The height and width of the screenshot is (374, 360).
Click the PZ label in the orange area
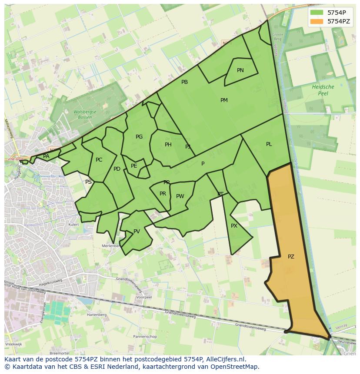tap(291, 257)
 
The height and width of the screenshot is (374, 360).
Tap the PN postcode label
tap(240, 70)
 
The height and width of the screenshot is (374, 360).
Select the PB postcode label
tap(184, 82)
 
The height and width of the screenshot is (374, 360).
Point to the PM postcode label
tap(224, 100)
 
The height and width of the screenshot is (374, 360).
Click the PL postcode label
tap(269, 144)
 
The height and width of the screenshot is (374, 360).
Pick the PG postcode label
tap(139, 137)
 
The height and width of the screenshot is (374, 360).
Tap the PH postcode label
tap(168, 145)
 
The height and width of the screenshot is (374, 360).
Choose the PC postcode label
tap(99, 160)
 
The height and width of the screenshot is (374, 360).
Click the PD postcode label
tap(117, 169)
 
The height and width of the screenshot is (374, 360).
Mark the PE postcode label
tap(134, 166)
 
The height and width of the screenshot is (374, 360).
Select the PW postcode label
tap(180, 196)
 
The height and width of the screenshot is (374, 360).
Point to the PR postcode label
tap(163, 194)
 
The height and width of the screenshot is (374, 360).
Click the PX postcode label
tap(234, 226)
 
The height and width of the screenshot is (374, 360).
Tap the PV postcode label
tap(137, 232)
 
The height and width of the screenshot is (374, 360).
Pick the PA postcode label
tap(46, 156)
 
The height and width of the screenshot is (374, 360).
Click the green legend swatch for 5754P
tap(317, 13)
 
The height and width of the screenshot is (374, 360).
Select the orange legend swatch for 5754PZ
tap(317, 21)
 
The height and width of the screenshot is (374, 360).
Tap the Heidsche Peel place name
tap(323, 90)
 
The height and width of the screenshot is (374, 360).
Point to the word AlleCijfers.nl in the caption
tap(225, 359)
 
